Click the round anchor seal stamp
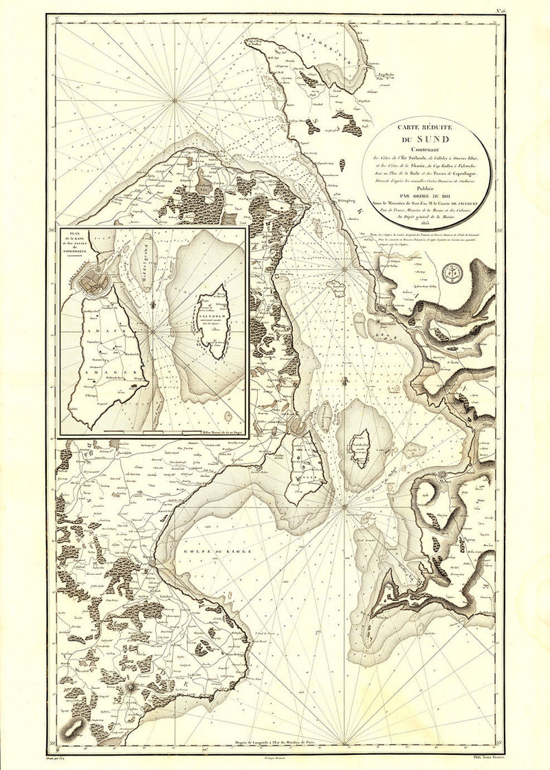point(454,273)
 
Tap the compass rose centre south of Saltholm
point(343,507)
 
